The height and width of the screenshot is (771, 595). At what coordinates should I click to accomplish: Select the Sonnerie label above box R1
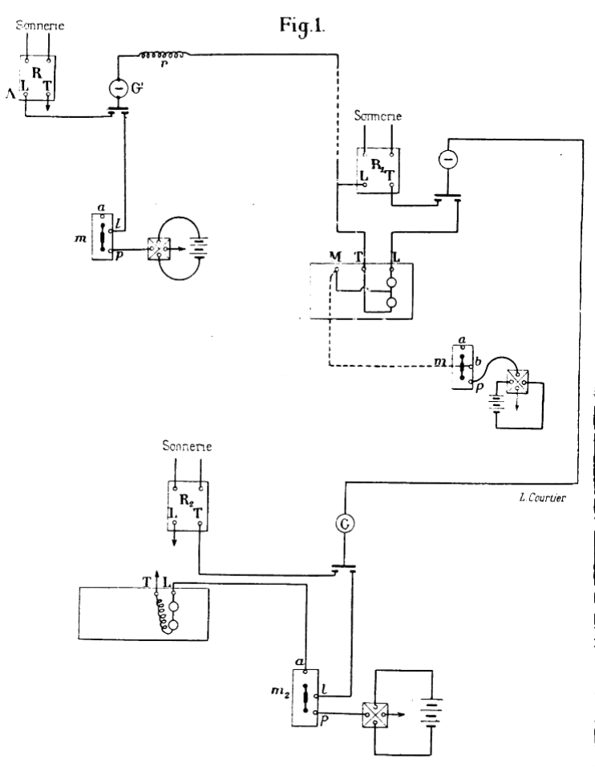pos(375,117)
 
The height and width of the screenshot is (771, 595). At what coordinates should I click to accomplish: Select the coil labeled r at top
pos(164,55)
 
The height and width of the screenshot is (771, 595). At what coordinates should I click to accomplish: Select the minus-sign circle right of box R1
pos(447,160)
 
